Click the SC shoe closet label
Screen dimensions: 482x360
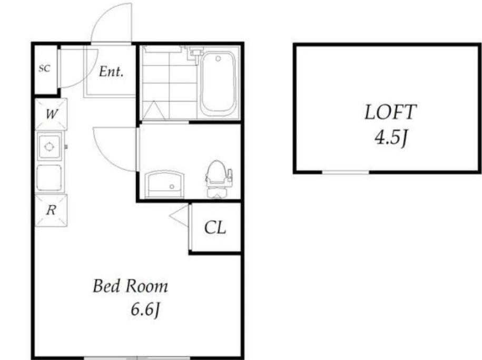point(44,69)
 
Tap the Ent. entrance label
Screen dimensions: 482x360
point(111,72)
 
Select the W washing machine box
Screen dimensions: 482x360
point(51,114)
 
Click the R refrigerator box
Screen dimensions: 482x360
point(51,211)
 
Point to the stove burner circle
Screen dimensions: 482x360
point(49,147)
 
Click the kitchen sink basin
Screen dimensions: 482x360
point(49,178)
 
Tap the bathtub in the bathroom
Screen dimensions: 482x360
point(218,82)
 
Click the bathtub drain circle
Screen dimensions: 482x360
point(218,59)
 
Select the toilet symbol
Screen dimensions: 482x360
point(218,179)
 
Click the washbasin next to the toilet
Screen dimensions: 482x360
point(164,184)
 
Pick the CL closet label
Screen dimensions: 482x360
point(215,228)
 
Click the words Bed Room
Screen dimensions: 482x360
point(130,286)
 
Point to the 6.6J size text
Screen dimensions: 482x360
point(145,309)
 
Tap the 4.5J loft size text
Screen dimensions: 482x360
point(391,138)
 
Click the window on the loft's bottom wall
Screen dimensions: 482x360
point(346,172)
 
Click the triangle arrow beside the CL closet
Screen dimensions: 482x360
point(179,216)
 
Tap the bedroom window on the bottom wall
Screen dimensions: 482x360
point(137,357)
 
